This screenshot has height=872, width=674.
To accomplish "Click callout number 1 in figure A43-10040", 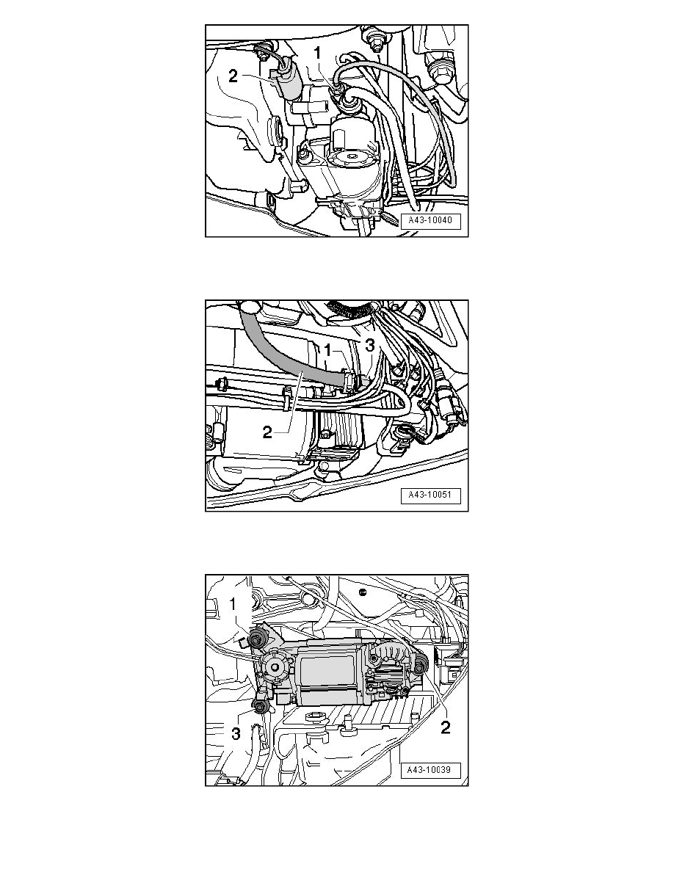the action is (x=317, y=54).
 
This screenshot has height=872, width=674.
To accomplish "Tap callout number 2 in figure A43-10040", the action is (x=233, y=76).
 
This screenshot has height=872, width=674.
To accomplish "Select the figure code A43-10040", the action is (x=430, y=220).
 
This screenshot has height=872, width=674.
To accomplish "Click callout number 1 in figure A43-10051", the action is (x=328, y=350).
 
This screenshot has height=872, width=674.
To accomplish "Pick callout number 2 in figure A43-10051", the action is (x=267, y=432).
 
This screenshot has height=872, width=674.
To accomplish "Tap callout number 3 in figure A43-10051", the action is (x=370, y=346).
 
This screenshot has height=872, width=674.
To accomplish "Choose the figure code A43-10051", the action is (x=430, y=495).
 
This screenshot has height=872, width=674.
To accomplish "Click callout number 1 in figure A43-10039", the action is (x=233, y=603).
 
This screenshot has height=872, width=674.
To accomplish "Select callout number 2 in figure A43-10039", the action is (x=445, y=727).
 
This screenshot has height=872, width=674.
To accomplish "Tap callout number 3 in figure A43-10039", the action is (x=236, y=733).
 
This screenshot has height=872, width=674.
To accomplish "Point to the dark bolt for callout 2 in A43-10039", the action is (x=420, y=662).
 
